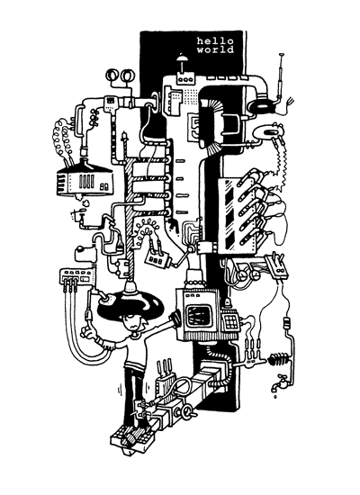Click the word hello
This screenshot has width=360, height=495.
[x=215, y=41]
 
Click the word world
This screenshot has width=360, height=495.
[x=215, y=49]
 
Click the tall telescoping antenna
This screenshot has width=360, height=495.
[x=280, y=76]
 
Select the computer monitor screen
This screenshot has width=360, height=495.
[x=198, y=316]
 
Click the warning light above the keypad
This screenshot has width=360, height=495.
[x=227, y=303]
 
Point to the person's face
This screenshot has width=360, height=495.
[x=132, y=325]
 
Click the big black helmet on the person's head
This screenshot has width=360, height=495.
[x=130, y=303]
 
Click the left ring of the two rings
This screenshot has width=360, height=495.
[x=112, y=75]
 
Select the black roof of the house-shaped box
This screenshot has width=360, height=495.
[x=85, y=168]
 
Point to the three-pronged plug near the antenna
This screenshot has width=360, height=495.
[x=289, y=102]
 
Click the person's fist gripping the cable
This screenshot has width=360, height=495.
[x=86, y=332]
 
